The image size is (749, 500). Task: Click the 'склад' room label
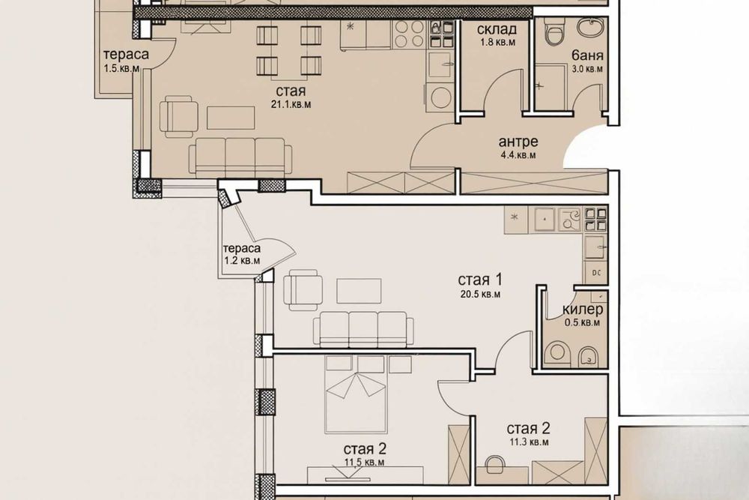pos(497,30)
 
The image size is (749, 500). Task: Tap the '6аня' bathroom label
pos(587,56)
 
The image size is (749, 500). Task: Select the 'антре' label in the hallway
pos(518,142)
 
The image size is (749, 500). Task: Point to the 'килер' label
pos(582,310)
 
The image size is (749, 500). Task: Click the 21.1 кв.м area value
pos(291,104)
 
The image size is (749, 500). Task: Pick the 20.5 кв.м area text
pos(480,294)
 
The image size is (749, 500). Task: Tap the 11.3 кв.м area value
pos(528,442)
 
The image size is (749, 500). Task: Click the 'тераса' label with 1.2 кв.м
pos(242,248)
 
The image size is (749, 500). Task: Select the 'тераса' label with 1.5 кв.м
pos(126,54)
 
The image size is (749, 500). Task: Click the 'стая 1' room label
pos(479,279)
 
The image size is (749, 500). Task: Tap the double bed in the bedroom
pos(355,394)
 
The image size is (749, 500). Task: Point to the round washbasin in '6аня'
pos(590,26)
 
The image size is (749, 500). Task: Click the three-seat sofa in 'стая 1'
pos(363,329)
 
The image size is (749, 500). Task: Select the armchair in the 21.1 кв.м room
pos(178,116)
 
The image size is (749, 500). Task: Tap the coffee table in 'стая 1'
pos(359,291)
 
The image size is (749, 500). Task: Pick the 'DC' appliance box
pos(595,272)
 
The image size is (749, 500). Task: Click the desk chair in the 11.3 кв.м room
pos(495,466)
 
